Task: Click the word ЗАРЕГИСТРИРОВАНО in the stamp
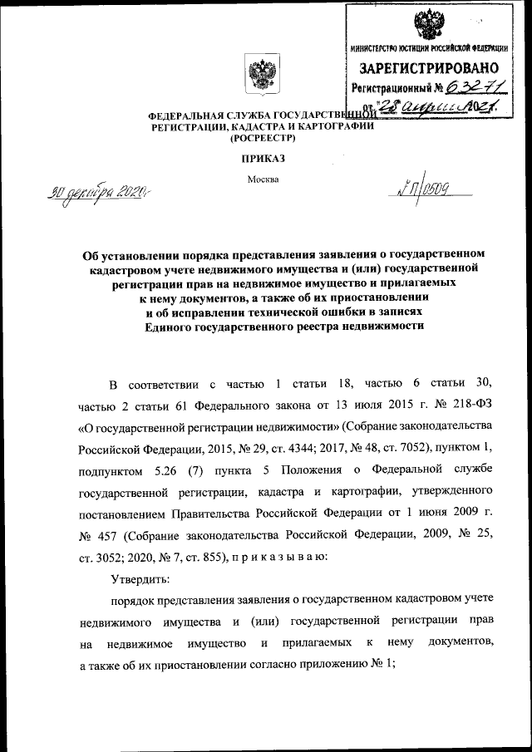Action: pyautogui.click(x=430, y=67)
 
